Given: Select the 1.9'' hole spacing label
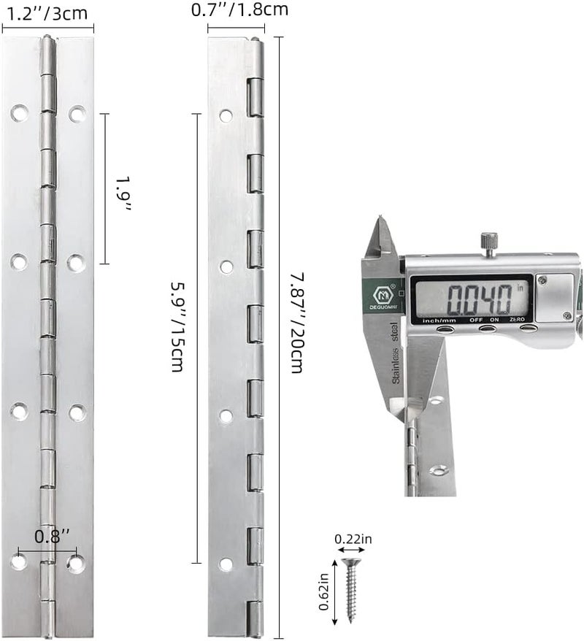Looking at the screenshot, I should [124, 193].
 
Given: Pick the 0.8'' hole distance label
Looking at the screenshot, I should [53, 537].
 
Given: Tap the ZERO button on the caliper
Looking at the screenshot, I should [527, 329].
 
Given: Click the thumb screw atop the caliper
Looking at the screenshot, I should [488, 242].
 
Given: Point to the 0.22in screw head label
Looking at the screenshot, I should [353, 540].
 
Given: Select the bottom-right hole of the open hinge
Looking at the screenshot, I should [76, 563].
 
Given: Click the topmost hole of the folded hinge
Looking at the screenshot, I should [226, 115].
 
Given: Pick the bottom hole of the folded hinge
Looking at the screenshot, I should [226, 564].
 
